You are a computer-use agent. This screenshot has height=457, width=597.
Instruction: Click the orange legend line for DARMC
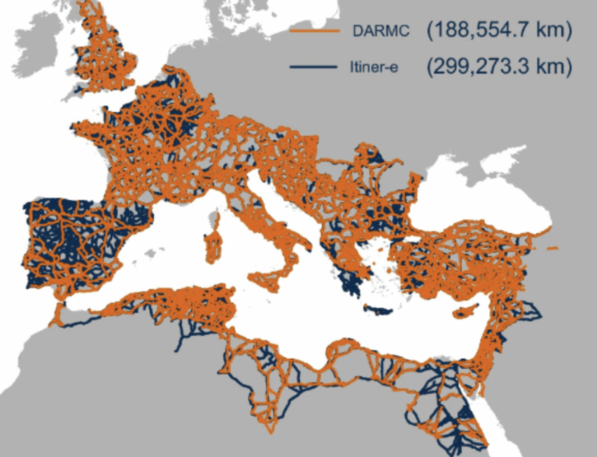coord(315,30)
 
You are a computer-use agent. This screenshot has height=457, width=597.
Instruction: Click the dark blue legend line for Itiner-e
coord(315,68)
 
